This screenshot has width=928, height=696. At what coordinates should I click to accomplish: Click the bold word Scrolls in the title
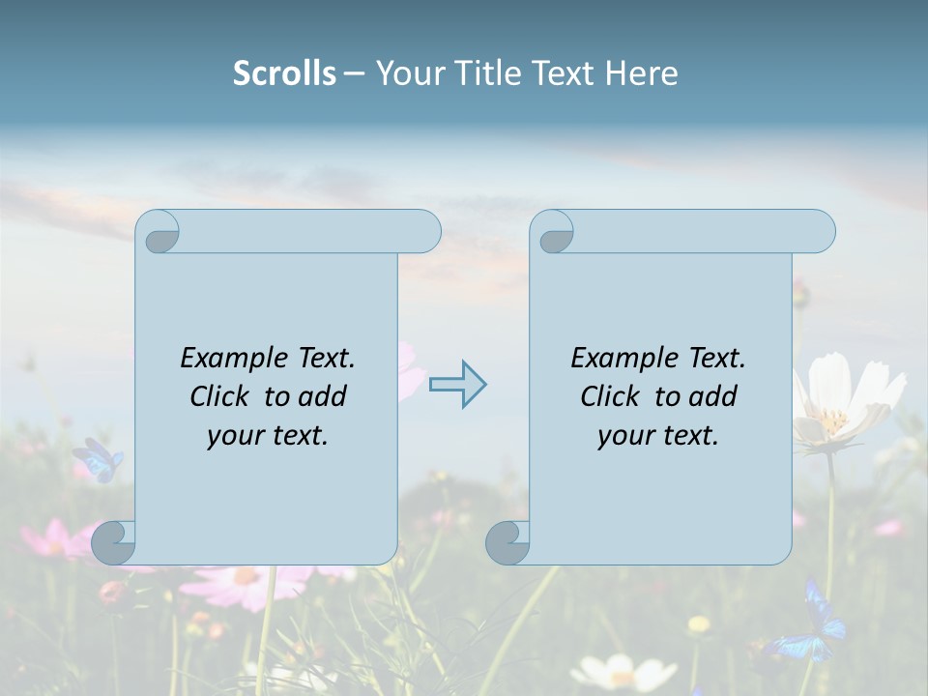(284, 73)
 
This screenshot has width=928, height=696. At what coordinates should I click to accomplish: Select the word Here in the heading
(641, 73)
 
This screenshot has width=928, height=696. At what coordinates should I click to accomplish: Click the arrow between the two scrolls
(457, 384)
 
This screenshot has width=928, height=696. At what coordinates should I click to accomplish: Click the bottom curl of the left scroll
(113, 541)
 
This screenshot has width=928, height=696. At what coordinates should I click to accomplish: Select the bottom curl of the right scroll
(507, 541)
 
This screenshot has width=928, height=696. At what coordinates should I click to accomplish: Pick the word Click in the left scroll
(221, 396)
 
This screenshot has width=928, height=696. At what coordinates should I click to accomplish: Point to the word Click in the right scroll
(612, 396)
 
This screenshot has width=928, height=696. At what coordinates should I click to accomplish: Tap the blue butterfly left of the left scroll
(98, 459)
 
